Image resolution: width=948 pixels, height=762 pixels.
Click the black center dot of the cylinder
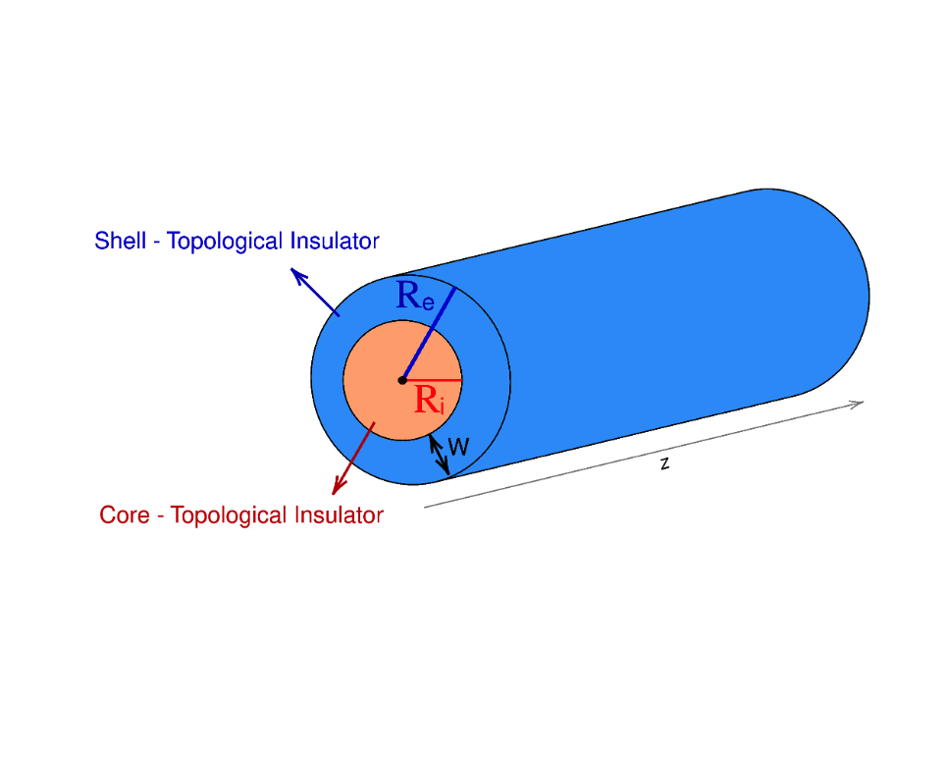(x=402, y=380)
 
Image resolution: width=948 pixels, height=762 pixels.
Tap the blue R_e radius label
(x=414, y=297)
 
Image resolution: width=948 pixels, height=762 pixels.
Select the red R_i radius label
(x=429, y=401)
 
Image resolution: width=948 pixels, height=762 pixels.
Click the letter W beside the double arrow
(x=458, y=448)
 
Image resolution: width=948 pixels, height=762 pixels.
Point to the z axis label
(x=664, y=463)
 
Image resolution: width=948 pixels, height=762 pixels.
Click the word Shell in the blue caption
(x=120, y=241)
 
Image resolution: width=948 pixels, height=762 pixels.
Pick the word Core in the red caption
(x=124, y=515)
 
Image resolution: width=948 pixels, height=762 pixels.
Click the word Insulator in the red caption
(x=339, y=515)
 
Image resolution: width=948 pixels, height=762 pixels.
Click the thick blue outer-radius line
(x=432, y=329)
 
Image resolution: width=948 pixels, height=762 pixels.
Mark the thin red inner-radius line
(x=437, y=380)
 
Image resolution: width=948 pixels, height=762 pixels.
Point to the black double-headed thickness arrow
(x=440, y=455)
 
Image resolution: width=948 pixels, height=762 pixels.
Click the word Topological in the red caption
(x=231, y=515)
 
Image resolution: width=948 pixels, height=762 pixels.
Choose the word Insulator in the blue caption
(x=335, y=241)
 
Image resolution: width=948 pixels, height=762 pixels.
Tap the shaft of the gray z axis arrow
(x=638, y=456)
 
